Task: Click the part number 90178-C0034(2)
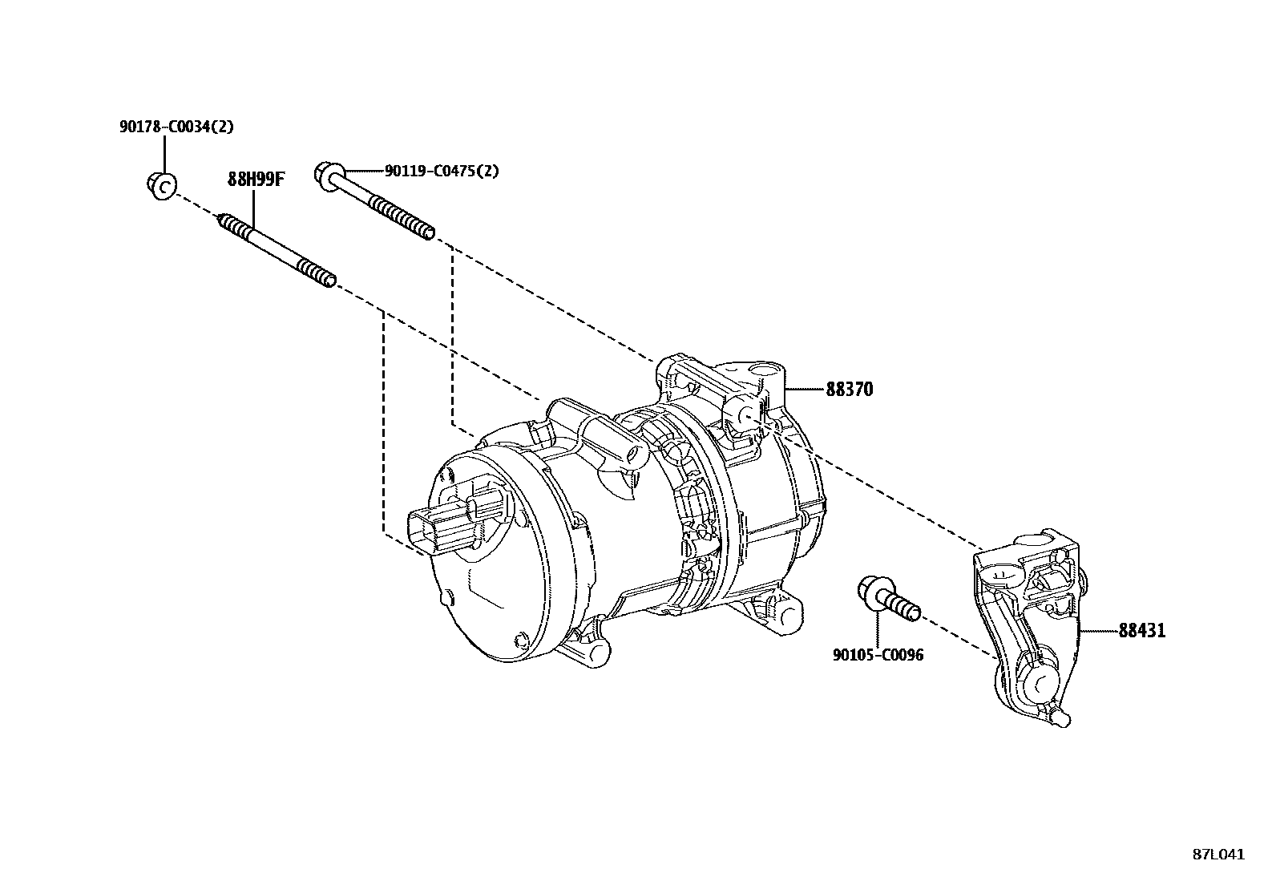pyautogui.click(x=176, y=127)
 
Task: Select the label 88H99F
pyautogui.click(x=256, y=179)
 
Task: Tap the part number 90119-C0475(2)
pyautogui.click(x=442, y=171)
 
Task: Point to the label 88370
pyautogui.click(x=850, y=390)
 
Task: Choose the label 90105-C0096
pyautogui.click(x=878, y=655)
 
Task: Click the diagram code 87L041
pyautogui.click(x=1217, y=855)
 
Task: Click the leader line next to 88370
pyautogui.click(x=805, y=390)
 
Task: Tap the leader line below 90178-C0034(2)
pyautogui.click(x=164, y=153)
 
